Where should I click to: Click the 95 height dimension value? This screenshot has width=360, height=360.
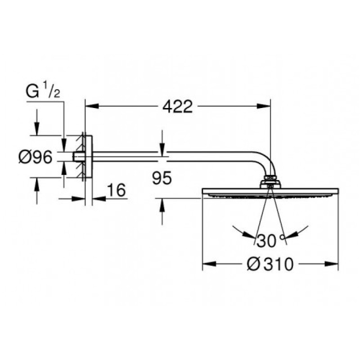coord(162,179)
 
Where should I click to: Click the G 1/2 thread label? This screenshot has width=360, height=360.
coord(43,93)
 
